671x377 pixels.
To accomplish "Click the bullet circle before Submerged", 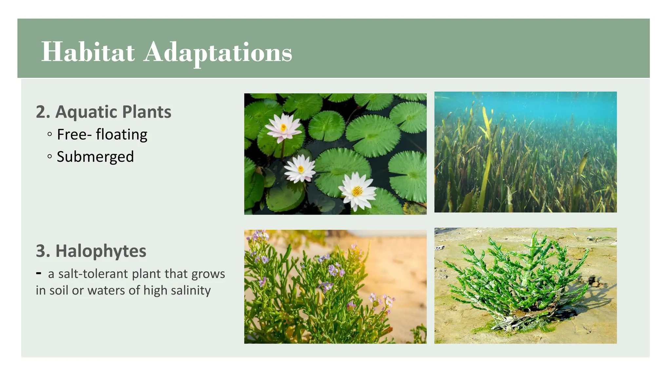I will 49,156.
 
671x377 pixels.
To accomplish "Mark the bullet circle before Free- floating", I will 49,134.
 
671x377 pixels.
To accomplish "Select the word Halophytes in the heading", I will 101,251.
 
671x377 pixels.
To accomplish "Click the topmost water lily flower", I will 283,128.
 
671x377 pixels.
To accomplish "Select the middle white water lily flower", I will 300,169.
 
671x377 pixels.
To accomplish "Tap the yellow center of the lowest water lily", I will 357,190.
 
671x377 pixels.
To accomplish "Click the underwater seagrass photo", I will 525,152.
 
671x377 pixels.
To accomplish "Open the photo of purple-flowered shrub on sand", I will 335,287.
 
